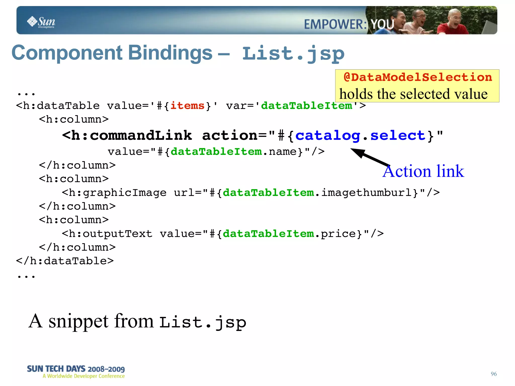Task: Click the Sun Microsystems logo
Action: (41, 22)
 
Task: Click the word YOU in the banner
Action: (382, 25)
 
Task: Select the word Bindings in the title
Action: (170, 53)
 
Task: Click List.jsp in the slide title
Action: (293, 54)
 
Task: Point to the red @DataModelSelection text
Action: (418, 77)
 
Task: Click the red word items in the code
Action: (187, 106)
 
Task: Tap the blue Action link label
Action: (423, 171)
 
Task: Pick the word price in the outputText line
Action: (338, 234)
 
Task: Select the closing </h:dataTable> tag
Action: (65, 261)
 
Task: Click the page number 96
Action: (494, 374)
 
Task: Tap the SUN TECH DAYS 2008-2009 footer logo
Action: (76, 369)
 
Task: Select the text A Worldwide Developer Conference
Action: (84, 376)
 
